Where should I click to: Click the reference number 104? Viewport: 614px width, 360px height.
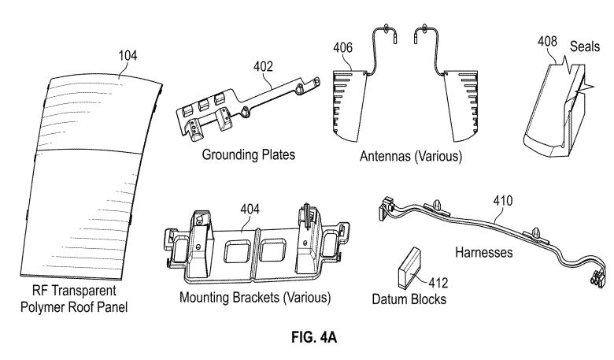pos(128,56)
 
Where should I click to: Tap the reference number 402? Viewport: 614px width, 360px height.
pos(263,67)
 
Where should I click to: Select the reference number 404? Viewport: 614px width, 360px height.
pos(250,209)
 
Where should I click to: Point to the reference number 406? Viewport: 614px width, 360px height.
pos(342,47)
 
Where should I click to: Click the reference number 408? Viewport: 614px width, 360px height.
pos(547,41)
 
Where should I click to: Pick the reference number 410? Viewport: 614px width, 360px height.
pos(503,201)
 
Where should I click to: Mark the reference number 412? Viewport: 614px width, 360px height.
pos(438,283)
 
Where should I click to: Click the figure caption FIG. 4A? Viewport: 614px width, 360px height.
pos(314,337)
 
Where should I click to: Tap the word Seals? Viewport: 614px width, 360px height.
pos(585,46)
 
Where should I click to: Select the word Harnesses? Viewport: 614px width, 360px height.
pos(483,252)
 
